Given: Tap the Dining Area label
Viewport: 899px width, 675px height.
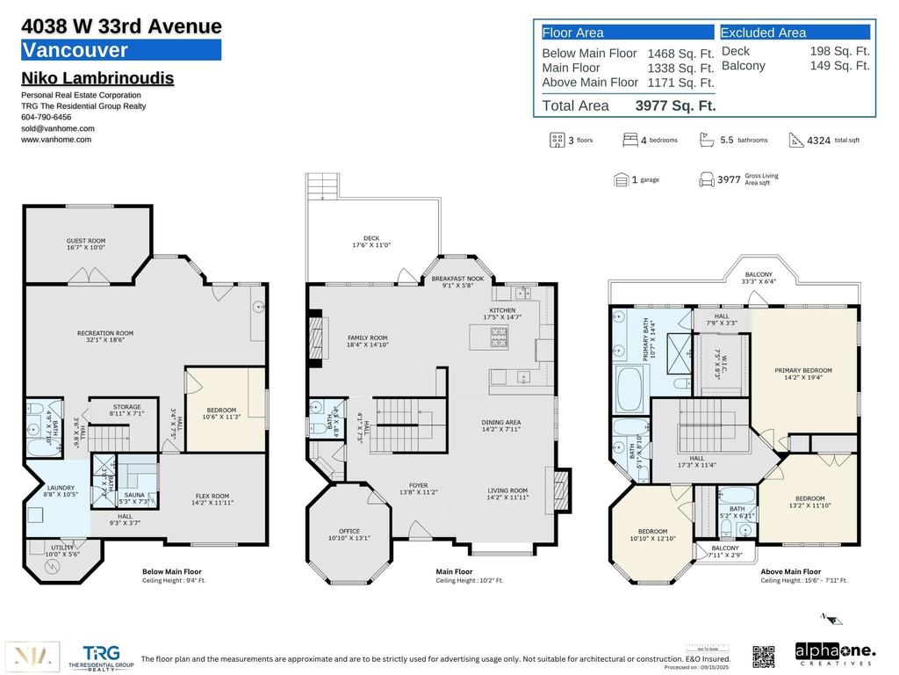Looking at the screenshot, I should point(501,426).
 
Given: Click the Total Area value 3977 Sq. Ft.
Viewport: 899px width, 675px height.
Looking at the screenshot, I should point(675,105).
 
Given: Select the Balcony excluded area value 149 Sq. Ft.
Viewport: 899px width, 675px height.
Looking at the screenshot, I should point(839,66).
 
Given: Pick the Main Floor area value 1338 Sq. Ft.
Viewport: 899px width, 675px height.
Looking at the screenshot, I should point(680,68).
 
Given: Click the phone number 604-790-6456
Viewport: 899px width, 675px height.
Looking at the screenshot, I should point(47,117).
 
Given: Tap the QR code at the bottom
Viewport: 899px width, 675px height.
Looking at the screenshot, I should point(764,656).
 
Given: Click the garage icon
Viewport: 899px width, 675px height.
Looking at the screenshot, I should point(622,179).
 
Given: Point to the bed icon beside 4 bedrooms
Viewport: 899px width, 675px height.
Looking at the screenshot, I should point(630,140).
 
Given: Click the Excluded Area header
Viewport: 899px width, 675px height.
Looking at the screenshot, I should point(763,33).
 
